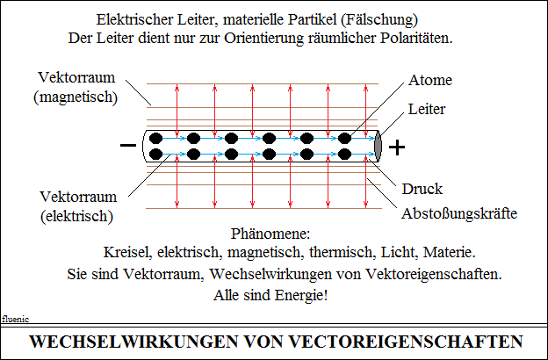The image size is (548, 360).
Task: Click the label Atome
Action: [x=430, y=81]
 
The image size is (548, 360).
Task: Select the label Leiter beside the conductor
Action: [x=427, y=110]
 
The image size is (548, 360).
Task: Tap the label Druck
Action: [x=422, y=189]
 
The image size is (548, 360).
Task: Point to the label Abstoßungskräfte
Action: [x=459, y=213]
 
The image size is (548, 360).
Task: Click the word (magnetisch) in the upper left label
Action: [x=76, y=97]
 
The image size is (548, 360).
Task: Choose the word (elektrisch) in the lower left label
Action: [x=77, y=216]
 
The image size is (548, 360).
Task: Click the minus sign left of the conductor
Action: [x=128, y=145]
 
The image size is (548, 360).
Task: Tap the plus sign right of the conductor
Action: [x=397, y=148]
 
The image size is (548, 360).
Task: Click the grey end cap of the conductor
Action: [x=378, y=146]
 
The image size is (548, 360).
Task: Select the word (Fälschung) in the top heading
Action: [x=379, y=20]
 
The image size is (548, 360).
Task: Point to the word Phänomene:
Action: [x=270, y=234]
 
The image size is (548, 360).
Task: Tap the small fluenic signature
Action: [x=16, y=319]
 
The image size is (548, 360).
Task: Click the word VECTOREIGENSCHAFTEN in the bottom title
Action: [x=407, y=342]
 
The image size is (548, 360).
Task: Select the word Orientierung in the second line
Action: [x=263, y=39]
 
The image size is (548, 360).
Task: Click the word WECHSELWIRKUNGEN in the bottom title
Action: [x=133, y=342]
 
